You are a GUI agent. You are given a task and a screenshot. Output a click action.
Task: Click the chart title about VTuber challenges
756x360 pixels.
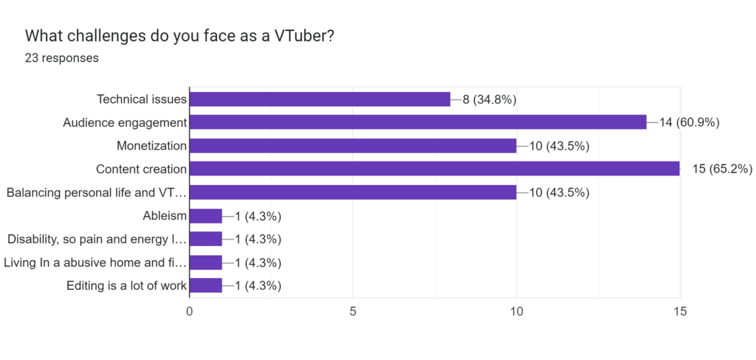click(180, 35)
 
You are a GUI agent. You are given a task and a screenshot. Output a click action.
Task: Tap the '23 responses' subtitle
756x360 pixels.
click(62, 58)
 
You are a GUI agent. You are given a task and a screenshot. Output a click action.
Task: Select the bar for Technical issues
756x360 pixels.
click(319, 99)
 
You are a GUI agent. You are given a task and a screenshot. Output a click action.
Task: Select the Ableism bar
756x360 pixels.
click(206, 216)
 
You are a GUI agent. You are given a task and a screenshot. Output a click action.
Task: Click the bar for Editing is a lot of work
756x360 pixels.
click(206, 286)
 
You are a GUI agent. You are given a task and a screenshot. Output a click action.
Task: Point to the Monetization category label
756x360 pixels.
click(152, 146)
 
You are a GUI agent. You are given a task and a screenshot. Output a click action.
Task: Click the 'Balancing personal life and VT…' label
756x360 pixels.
click(97, 193)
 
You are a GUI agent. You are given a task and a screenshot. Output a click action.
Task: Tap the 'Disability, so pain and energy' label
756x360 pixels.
click(97, 239)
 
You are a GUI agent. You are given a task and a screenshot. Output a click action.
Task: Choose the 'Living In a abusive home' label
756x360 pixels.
click(95, 262)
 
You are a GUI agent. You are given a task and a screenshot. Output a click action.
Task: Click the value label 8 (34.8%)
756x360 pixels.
click(489, 99)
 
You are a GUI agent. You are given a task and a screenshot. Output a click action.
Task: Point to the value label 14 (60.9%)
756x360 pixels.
click(690, 123)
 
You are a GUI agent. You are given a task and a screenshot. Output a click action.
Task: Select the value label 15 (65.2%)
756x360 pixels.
click(722, 169)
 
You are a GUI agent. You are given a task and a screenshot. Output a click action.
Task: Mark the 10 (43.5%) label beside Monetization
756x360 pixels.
click(559, 146)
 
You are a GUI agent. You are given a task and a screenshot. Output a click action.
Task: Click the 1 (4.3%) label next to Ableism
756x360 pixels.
click(258, 216)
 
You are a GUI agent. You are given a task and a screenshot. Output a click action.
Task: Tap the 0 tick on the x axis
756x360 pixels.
click(189, 311)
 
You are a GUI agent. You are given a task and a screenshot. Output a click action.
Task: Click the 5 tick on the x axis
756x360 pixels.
click(353, 311)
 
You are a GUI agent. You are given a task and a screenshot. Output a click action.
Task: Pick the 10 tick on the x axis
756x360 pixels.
click(516, 311)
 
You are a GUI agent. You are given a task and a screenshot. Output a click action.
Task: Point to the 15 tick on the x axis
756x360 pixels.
click(680, 311)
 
